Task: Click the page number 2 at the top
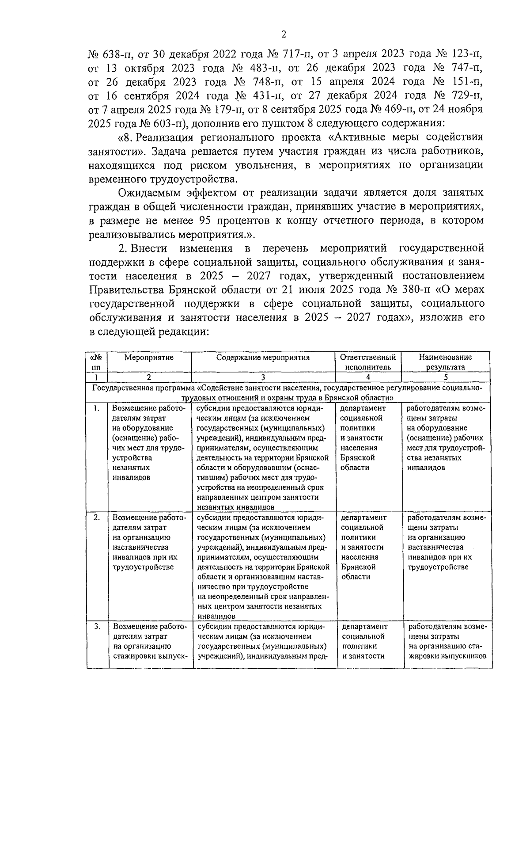click(x=284, y=34)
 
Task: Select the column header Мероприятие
click(x=149, y=358)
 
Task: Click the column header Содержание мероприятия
click(x=263, y=358)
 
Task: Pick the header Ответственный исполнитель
click(x=368, y=362)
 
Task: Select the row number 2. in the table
click(x=97, y=518)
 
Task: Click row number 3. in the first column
click(x=97, y=626)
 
